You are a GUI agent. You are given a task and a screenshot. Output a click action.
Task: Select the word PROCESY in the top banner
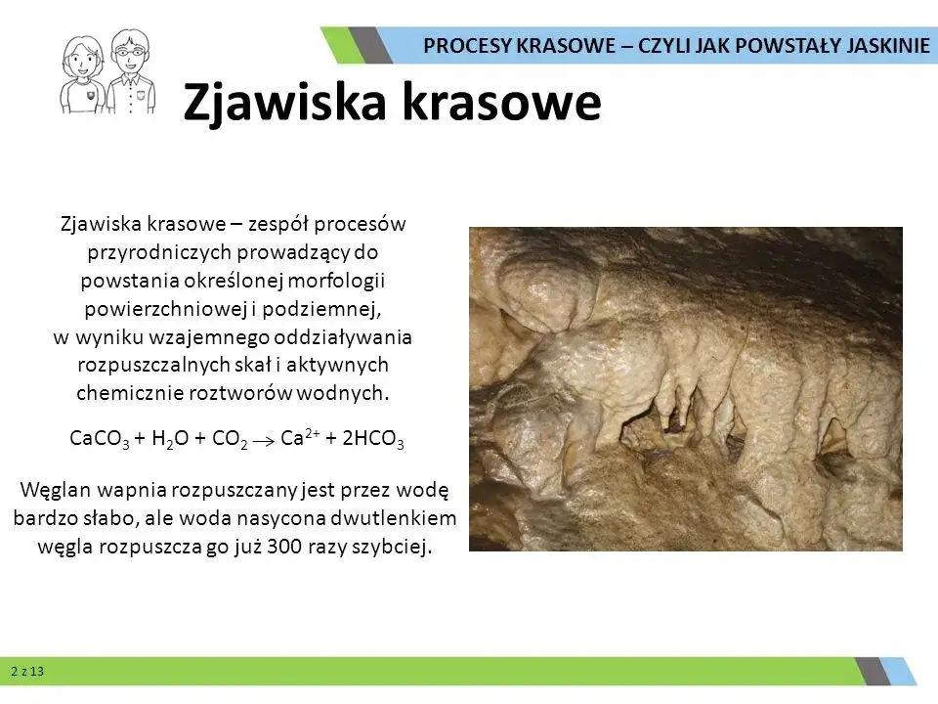point(464,45)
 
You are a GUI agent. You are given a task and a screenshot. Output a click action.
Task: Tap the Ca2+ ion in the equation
point(296,439)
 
